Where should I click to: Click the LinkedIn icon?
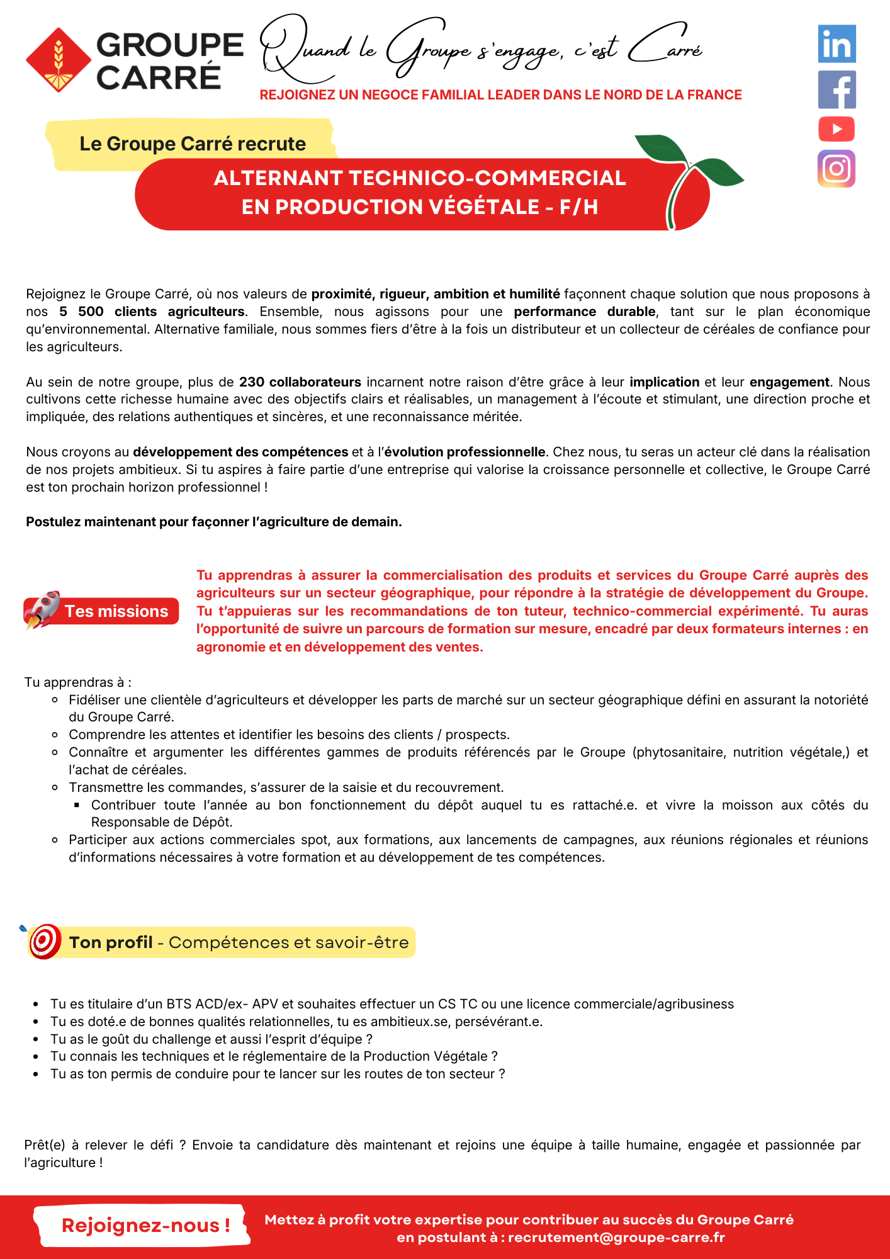[836, 44]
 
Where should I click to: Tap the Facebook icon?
[836, 89]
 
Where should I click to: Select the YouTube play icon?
[836, 129]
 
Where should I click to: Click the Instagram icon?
[836, 169]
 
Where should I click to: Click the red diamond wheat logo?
[59, 60]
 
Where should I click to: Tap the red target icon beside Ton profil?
[44, 941]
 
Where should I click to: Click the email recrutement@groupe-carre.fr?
[616, 1238]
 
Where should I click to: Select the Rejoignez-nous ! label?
[145, 1225]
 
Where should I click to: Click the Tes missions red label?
[116, 611]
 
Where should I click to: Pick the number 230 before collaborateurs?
[252, 382]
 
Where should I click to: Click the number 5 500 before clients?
[81, 312]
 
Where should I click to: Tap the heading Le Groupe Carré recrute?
[193, 144]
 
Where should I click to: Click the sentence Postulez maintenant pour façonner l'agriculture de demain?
[213, 522]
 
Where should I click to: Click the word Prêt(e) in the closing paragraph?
[45, 1145]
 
